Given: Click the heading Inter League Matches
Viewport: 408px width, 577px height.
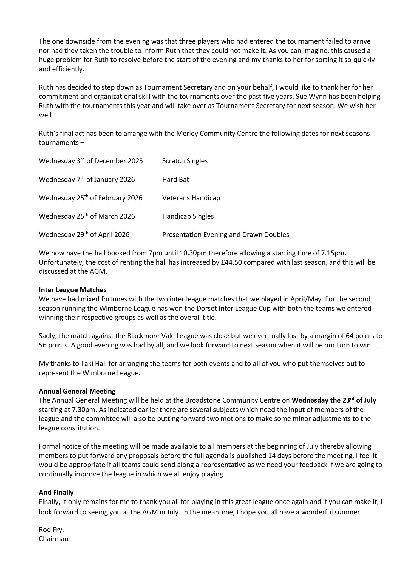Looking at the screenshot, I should (x=73, y=290).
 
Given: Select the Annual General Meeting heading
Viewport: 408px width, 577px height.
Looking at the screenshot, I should (x=77, y=391).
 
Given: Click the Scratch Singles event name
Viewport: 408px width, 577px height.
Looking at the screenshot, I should (x=185, y=161).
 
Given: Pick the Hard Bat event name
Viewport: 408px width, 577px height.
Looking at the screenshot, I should (x=175, y=179).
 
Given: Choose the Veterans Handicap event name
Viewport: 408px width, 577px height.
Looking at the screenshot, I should (x=191, y=198).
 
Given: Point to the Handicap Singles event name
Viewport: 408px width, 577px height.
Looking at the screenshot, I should (x=188, y=216).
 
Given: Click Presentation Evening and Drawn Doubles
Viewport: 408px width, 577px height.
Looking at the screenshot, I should (x=225, y=234).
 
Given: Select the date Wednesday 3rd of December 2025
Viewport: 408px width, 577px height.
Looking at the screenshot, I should (x=91, y=161).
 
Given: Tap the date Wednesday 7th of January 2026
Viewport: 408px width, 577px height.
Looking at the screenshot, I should (x=87, y=179).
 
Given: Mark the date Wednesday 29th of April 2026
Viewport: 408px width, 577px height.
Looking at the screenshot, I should (x=84, y=234).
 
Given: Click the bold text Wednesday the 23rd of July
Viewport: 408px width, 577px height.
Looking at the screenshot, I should (x=334, y=400).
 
